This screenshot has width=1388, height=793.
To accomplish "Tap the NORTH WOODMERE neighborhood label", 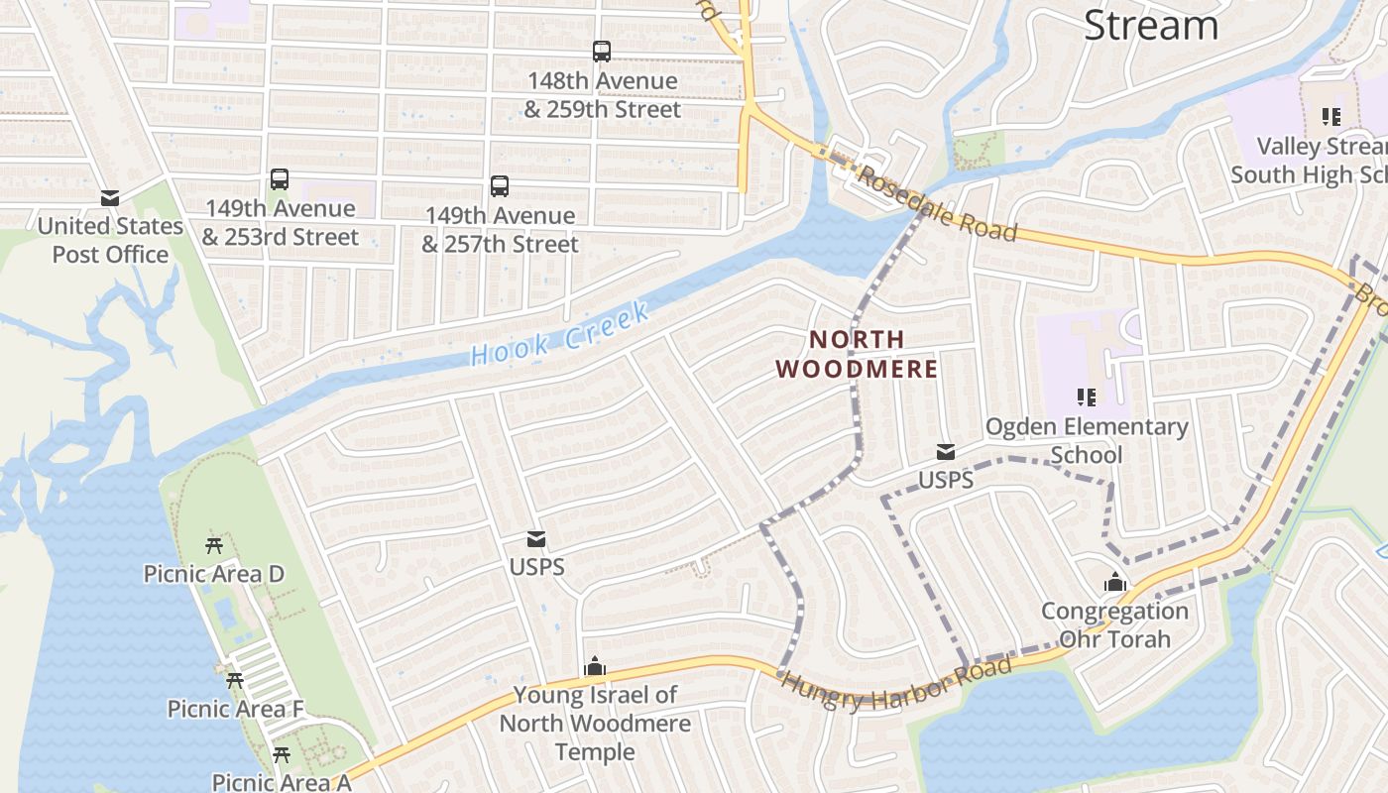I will click(x=857, y=354).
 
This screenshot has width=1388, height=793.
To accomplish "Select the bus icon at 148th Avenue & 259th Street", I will click(x=602, y=52).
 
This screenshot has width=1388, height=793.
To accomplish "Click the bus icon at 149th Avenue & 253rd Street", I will click(x=280, y=179).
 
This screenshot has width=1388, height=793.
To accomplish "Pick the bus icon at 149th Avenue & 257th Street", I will click(x=500, y=186).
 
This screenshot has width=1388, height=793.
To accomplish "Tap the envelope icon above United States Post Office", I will click(x=110, y=198).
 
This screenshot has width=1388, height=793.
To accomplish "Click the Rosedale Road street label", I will click(x=936, y=203).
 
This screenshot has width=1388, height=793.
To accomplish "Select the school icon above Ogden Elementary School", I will click(x=1087, y=397).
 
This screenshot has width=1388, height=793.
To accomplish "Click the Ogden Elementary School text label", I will click(x=1087, y=440).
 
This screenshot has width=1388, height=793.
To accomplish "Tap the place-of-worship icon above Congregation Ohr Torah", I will click(x=1115, y=583).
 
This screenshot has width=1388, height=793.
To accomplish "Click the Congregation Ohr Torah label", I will click(x=1115, y=625).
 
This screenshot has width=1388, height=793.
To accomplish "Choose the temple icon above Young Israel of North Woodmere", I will click(x=595, y=667).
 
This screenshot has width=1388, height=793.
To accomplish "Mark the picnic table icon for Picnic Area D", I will click(x=214, y=545).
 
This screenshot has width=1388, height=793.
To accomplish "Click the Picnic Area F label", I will click(x=235, y=709).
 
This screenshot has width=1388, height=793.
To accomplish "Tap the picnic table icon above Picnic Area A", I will click(x=282, y=755).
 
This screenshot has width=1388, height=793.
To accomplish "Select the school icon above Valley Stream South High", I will click(x=1330, y=117).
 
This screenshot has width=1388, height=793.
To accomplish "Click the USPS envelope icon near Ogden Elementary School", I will click(x=946, y=452).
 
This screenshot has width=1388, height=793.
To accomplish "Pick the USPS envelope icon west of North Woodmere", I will click(x=536, y=539).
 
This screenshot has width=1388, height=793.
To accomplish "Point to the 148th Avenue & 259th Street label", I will click(x=603, y=95).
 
